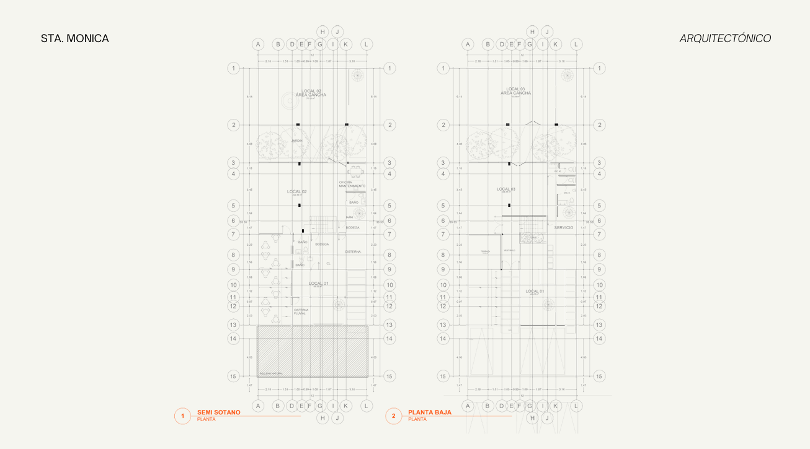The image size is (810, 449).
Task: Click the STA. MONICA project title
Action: click(74, 38)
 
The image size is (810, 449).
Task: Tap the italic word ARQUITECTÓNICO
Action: click(725, 38)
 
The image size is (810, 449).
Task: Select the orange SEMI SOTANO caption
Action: click(218, 412)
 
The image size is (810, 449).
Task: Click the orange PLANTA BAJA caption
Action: click(429, 412)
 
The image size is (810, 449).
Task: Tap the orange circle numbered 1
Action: click(182, 416)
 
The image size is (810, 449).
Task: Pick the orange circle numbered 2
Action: click(393, 416)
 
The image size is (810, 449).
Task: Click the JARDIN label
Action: click(296, 141)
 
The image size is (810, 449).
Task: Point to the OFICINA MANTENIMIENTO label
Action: click(352, 184)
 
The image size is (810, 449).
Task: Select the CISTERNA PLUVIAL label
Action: click(301, 312)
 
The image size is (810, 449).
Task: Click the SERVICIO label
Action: click(564, 228)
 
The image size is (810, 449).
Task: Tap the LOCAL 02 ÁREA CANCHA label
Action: click(310, 93)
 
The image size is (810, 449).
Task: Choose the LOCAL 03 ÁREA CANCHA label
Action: click(516, 91)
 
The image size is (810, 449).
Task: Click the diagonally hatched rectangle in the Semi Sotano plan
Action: click(313, 351)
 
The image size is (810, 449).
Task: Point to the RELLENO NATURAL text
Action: click(270, 373)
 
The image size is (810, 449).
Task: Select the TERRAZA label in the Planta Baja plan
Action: click(484, 251)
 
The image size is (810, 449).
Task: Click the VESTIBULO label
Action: click(509, 250)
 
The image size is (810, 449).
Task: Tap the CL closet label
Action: click(329, 263)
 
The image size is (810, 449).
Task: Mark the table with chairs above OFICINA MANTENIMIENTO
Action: click(355, 172)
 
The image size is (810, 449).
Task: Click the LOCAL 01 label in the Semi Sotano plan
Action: click(318, 284)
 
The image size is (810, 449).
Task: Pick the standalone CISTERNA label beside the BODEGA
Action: click(352, 251)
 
